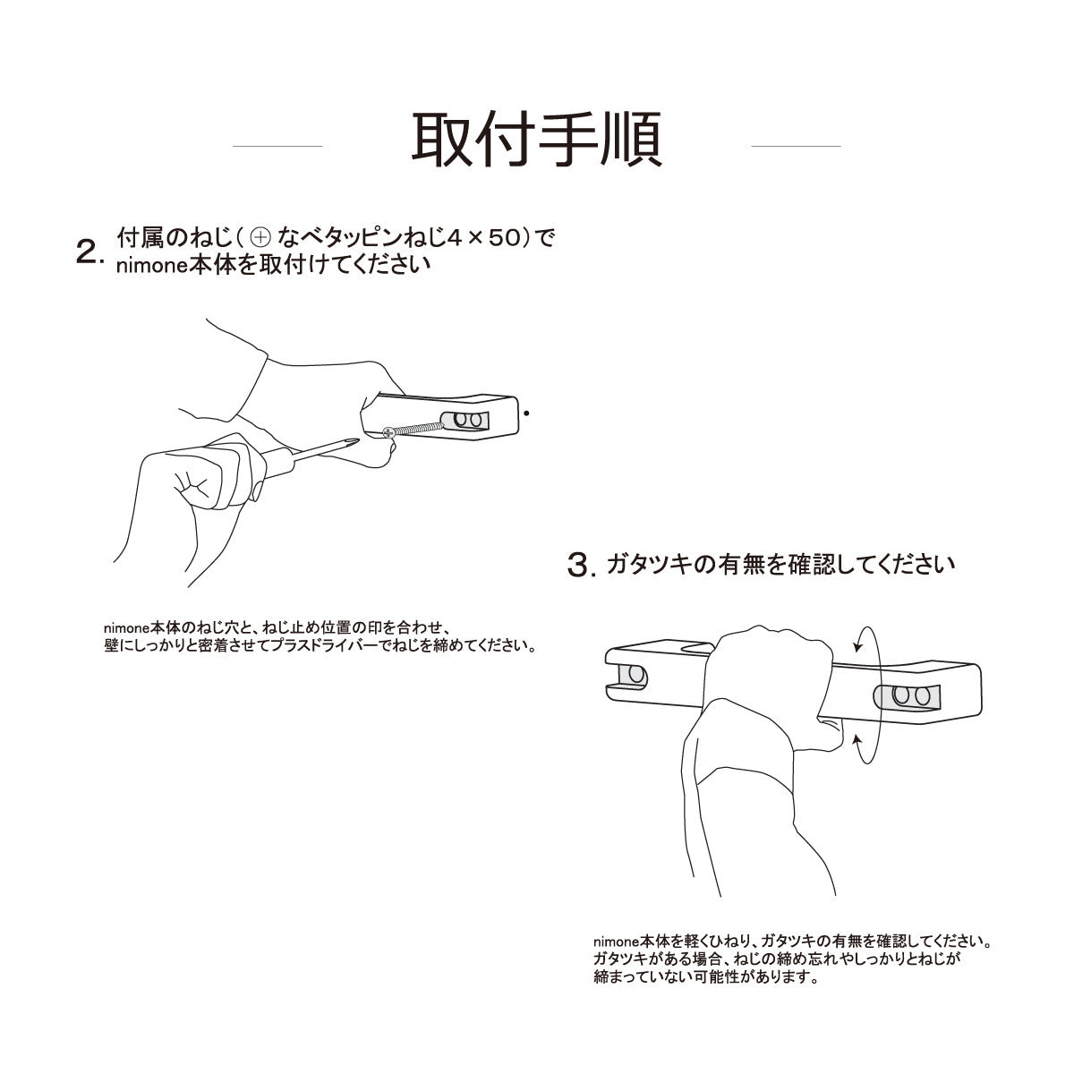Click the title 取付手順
(536, 140)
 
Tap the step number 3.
(582, 565)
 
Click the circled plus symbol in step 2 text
(260, 238)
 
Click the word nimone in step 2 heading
(151, 266)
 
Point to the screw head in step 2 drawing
(389, 430)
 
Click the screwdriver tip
(354, 440)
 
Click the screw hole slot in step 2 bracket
(465, 421)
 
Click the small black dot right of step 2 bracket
(526, 413)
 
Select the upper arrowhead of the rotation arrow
(859, 646)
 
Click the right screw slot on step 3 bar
(907, 697)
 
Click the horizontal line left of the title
(277, 146)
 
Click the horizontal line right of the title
(796, 146)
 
